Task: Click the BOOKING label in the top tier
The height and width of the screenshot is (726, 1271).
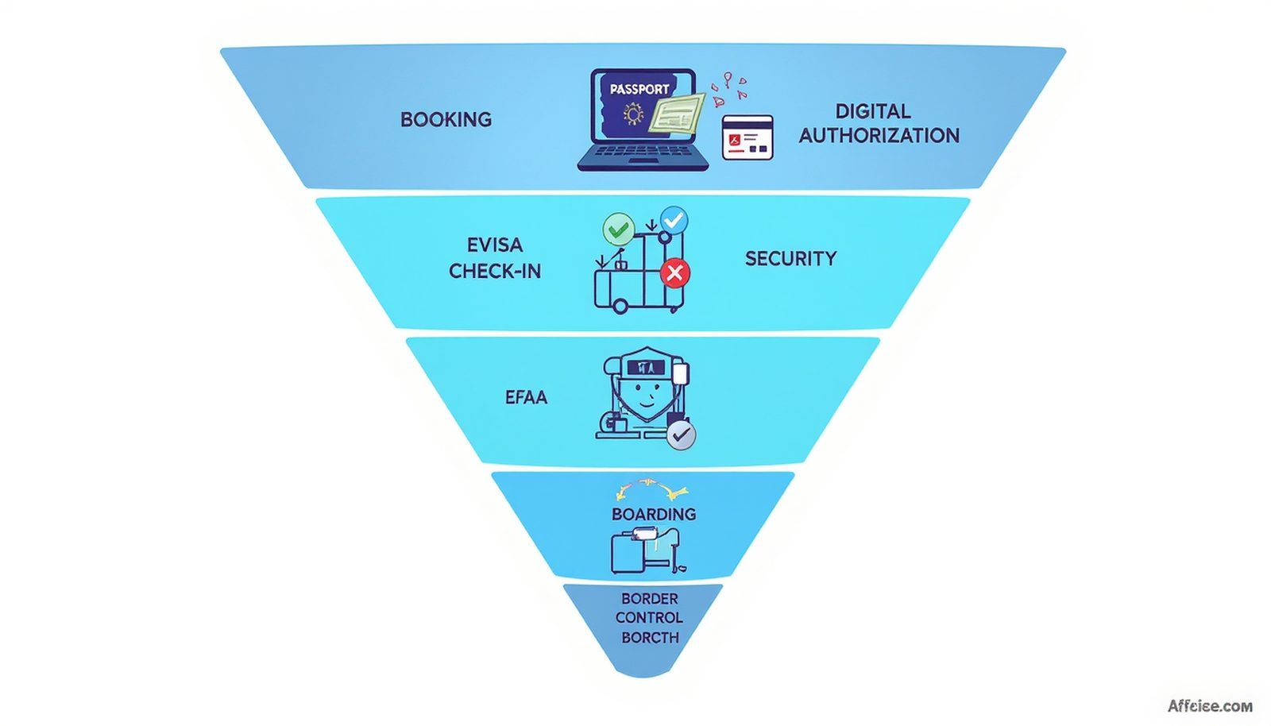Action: (x=446, y=120)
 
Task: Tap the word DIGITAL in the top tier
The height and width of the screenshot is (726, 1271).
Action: (x=872, y=111)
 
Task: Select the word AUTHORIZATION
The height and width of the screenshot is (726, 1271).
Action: (x=879, y=136)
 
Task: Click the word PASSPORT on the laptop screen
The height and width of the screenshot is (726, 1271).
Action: (x=639, y=89)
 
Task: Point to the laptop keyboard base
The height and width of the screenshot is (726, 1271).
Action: (x=643, y=160)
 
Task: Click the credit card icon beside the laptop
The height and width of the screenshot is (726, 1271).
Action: (x=747, y=137)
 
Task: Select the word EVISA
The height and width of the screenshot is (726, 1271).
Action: (x=494, y=245)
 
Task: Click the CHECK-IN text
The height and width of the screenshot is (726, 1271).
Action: (x=494, y=272)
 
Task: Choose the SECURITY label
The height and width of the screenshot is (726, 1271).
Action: (x=790, y=259)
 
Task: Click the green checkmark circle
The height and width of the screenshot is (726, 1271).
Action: (x=618, y=230)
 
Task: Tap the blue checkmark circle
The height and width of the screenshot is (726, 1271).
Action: (x=674, y=220)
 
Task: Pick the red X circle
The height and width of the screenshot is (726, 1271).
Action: (x=674, y=274)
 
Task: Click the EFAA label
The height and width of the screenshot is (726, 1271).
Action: (x=526, y=397)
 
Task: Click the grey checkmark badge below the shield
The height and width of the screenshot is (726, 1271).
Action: (x=681, y=435)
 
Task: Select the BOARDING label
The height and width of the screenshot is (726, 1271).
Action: (x=654, y=514)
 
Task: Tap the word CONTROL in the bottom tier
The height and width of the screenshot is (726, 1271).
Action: (x=649, y=618)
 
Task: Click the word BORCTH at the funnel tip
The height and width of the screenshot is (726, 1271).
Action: (x=650, y=638)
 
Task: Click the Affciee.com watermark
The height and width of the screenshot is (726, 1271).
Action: (x=1210, y=706)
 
